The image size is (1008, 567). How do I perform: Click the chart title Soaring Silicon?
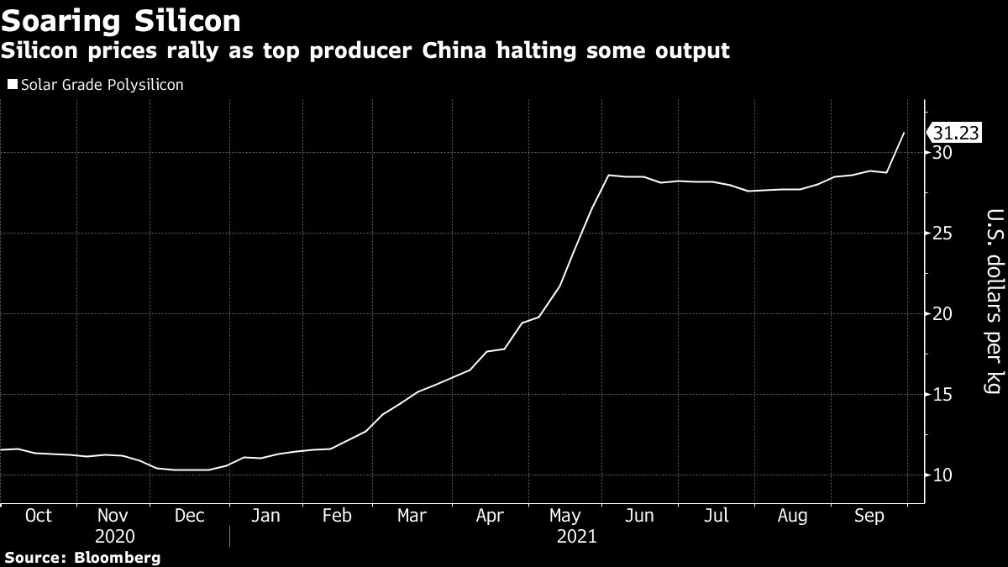(x=121, y=19)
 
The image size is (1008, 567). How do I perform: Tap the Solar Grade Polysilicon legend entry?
(x=95, y=85)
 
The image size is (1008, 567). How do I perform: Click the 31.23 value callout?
(x=957, y=133)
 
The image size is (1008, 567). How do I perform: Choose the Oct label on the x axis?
(x=38, y=516)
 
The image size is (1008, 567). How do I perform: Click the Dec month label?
(x=189, y=516)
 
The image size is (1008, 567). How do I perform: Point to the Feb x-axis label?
(x=337, y=516)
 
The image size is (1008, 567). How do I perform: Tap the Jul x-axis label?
(x=716, y=516)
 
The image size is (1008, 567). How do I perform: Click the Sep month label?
(x=869, y=516)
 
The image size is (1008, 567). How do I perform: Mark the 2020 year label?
(x=114, y=536)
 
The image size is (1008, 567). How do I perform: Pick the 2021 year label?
(x=576, y=536)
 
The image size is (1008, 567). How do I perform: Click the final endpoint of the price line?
(x=904, y=133)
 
